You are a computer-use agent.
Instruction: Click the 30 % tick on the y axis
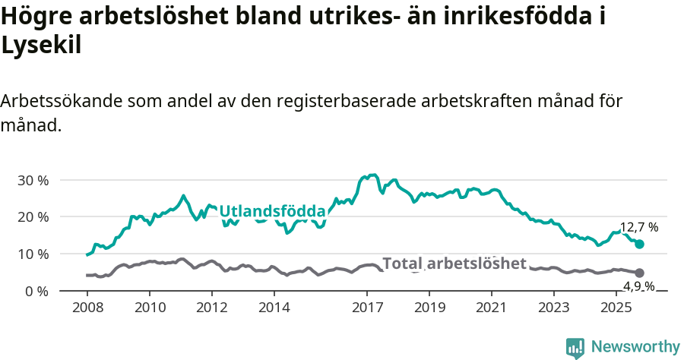click(33, 181)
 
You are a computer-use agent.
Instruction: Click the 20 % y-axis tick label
click(33, 217)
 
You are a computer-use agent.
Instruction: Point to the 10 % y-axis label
click(33, 254)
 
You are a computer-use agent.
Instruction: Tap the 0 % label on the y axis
click(36, 291)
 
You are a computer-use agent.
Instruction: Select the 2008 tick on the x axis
click(87, 308)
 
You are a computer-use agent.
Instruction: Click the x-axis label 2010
click(150, 308)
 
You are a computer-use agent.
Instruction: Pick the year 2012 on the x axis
click(212, 308)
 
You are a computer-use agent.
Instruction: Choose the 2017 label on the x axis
click(368, 308)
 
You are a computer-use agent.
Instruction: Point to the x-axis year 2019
click(429, 308)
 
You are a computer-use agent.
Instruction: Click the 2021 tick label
click(492, 308)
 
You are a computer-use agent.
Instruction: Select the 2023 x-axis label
click(554, 308)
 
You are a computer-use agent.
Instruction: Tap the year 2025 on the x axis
click(616, 308)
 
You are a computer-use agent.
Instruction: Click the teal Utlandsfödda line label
click(272, 211)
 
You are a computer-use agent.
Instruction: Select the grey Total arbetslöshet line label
click(454, 264)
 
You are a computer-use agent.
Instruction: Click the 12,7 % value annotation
click(639, 227)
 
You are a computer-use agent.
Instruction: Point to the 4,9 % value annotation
click(641, 286)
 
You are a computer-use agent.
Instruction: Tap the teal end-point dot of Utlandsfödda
click(640, 244)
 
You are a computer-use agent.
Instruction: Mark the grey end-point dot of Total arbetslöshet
click(640, 273)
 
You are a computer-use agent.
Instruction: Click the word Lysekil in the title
click(41, 45)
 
